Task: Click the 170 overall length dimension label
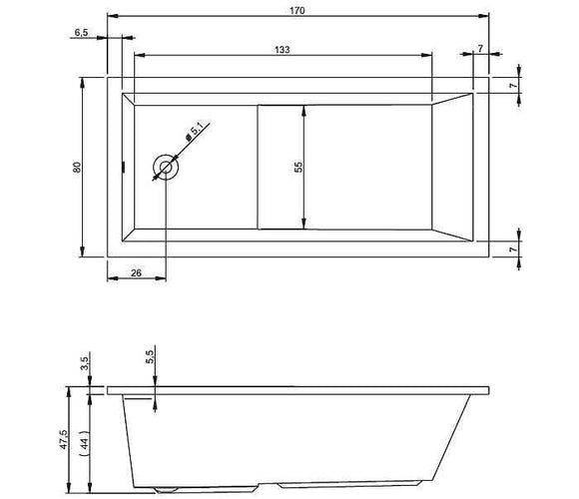297,11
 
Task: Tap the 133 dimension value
283,50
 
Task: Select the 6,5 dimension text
81,33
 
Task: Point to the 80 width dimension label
77,168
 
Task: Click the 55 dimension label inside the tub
298,167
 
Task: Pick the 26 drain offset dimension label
136,272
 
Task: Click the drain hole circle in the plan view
166,168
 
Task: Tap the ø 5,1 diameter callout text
194,132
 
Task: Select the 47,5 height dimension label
64,439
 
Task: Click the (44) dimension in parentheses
85,440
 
